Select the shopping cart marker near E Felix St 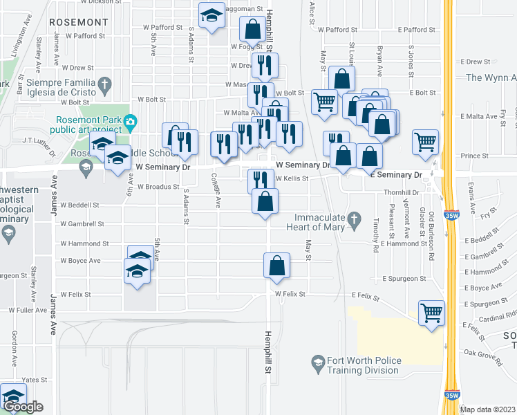click(431, 313)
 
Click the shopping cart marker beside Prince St click(425, 142)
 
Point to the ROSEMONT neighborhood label click(79, 22)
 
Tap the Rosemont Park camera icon click(130, 123)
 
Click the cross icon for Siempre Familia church click(104, 86)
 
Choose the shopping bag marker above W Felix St click(276, 266)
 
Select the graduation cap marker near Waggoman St click(211, 15)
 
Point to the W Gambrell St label click(82, 223)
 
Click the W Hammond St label click(84, 243)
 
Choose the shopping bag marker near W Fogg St click(252, 30)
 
